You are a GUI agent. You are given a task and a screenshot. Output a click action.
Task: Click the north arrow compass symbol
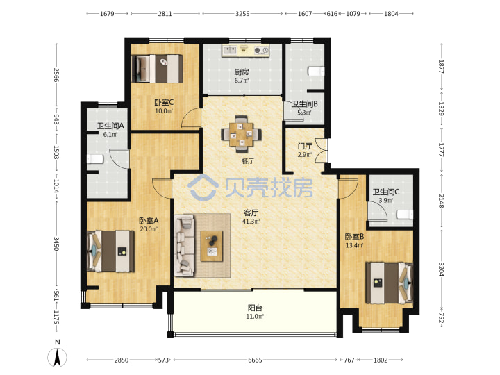point(58,358)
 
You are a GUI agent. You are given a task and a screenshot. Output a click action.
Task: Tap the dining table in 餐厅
point(242,134)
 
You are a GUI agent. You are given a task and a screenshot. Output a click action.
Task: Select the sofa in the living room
point(184,245)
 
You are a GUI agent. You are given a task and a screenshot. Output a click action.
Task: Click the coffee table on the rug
point(212,246)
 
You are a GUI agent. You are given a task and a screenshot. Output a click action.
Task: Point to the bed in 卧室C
point(157,69)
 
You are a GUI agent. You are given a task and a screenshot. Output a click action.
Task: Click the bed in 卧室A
point(110,251)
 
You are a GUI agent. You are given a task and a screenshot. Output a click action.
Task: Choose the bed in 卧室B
point(390,283)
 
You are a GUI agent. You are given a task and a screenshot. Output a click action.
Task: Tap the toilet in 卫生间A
point(95,159)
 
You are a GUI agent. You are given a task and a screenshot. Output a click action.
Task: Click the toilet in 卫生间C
point(405,215)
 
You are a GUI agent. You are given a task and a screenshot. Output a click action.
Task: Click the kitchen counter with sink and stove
point(246,51)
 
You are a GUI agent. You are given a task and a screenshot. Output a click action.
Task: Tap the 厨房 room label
point(242,72)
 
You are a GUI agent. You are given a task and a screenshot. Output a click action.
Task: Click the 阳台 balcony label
point(255,308)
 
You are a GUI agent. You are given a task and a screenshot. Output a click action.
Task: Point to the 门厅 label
point(305,147)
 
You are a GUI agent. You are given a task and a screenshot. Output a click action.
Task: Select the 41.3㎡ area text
point(251,222)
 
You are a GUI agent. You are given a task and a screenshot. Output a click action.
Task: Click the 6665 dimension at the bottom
point(255,360)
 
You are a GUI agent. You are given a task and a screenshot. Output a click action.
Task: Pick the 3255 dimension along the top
point(242,14)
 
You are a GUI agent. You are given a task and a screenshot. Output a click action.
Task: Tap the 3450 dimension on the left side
point(56,244)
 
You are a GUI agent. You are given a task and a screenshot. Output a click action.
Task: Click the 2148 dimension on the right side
point(441,201)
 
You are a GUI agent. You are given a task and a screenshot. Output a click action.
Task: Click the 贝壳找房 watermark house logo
point(203,187)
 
